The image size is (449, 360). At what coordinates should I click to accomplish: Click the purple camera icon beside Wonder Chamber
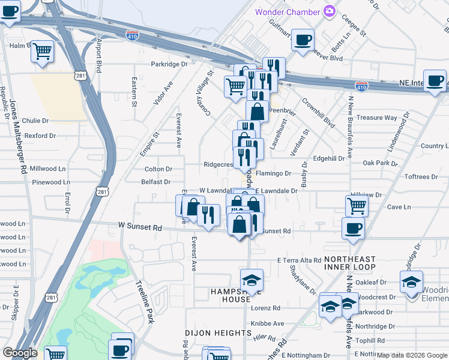(x=329, y=11)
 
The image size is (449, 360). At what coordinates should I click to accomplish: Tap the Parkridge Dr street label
(x=169, y=64)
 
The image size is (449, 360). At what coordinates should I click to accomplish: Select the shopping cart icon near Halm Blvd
(x=43, y=52)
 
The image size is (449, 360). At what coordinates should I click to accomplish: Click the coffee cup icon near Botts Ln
(x=303, y=40)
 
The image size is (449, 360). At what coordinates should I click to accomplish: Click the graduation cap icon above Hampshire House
(x=252, y=280)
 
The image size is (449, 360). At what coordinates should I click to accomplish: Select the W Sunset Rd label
(x=140, y=227)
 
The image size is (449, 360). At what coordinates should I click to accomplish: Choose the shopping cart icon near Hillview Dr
(x=357, y=206)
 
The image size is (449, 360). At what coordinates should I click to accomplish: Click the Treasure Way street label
(x=376, y=118)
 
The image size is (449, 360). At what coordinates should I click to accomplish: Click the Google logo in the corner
(x=20, y=353)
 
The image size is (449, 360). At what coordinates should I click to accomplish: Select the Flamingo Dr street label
(x=273, y=173)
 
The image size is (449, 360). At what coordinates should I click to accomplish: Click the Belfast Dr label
(x=155, y=182)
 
